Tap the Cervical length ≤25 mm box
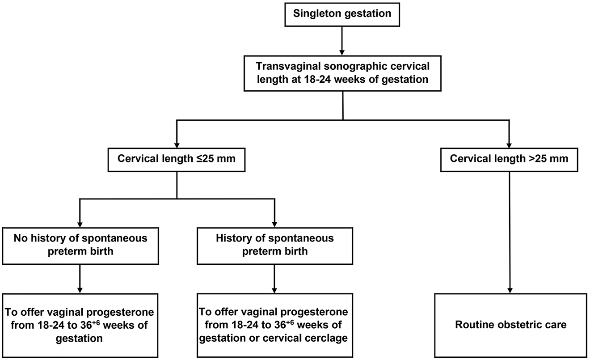pyautogui.click(x=177, y=158)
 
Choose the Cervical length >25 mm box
pyautogui.click(x=510, y=158)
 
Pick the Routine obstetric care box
pyautogui.click(x=510, y=325)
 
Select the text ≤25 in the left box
pyautogui.click(x=202, y=158)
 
